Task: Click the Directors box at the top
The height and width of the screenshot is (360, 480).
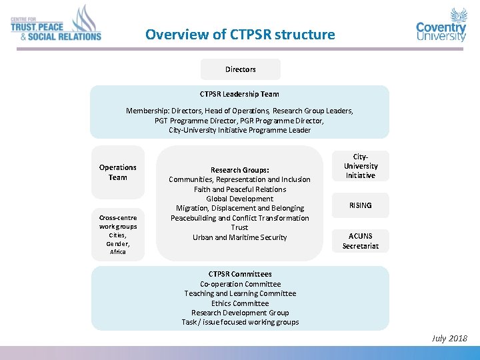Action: coord(240,69)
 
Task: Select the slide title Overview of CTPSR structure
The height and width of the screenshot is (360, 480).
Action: coord(240,34)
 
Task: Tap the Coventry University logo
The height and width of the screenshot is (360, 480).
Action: coord(441,26)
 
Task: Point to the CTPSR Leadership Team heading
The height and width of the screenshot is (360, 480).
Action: coord(239,94)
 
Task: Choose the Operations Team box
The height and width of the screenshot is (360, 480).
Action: coord(118,173)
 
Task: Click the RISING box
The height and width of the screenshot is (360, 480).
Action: coord(360,205)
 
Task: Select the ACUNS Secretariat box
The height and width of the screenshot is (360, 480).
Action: coord(360,241)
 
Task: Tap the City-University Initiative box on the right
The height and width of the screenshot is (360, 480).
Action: coord(360,166)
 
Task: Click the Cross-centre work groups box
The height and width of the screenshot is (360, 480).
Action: coord(118,234)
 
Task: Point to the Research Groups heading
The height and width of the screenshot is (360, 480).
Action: coord(239,170)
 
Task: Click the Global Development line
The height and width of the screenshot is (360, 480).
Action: coord(239,199)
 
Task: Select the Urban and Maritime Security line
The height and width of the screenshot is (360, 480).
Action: coord(239,237)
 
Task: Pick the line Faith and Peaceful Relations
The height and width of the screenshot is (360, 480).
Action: coord(239,189)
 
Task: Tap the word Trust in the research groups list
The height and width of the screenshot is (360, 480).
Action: coord(239,227)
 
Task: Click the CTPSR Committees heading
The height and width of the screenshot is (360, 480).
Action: coord(240,274)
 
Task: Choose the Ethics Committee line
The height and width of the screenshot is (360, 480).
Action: coord(240,303)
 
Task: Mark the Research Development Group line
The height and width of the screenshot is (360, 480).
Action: coord(240,313)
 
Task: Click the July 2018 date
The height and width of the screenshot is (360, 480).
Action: coord(449,339)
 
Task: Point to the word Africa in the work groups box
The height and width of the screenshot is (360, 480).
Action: coord(118,252)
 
